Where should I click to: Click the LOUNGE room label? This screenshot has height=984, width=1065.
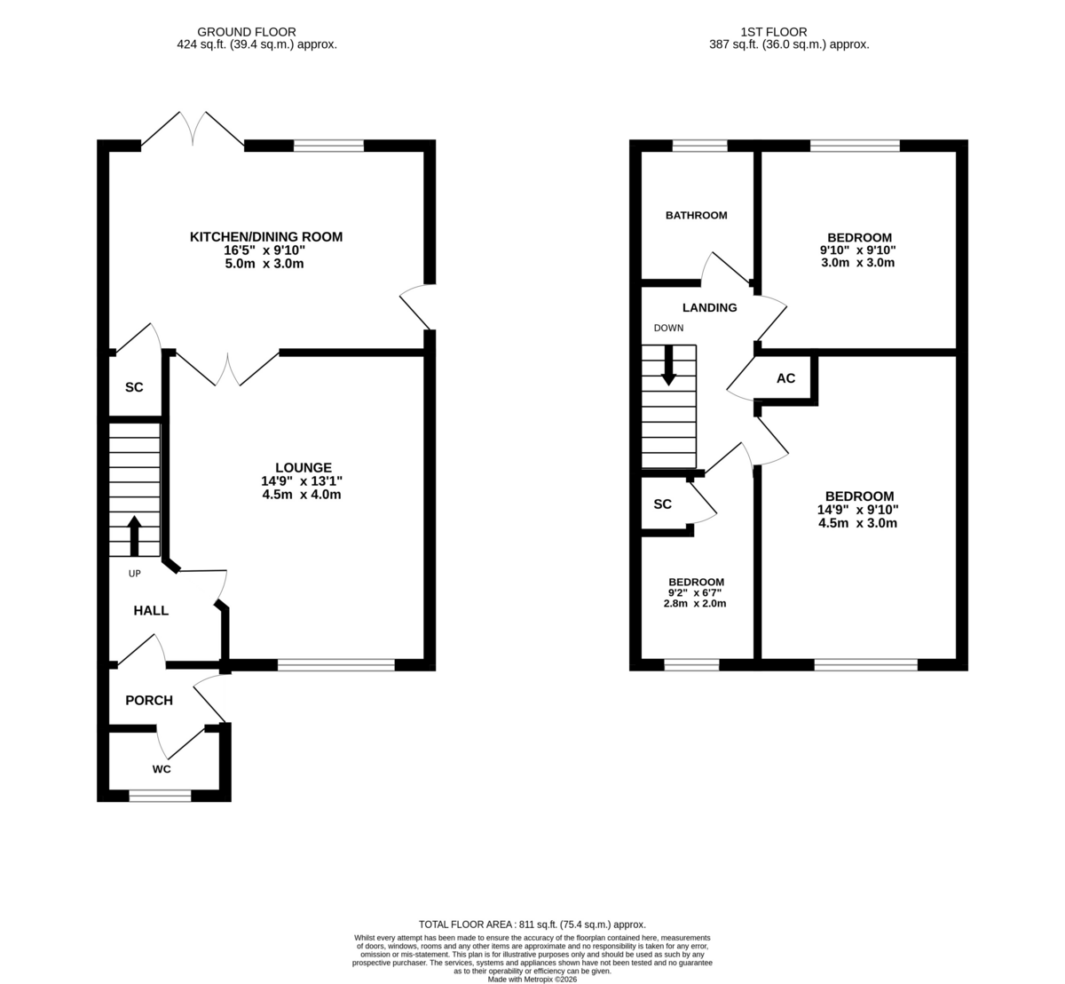click(x=304, y=467)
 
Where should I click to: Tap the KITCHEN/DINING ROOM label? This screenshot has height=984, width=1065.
click(x=266, y=237)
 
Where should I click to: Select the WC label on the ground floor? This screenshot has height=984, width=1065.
click(x=162, y=769)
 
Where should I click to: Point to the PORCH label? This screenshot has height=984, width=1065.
click(x=149, y=701)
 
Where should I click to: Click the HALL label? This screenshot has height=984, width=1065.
click(x=151, y=610)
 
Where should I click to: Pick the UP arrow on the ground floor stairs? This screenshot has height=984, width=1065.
click(x=134, y=536)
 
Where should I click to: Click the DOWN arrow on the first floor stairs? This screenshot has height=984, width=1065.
click(x=668, y=365)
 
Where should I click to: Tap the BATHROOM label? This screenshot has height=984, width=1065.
click(x=696, y=215)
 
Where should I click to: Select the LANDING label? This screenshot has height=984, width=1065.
click(x=709, y=307)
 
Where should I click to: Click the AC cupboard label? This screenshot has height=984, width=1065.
click(x=785, y=378)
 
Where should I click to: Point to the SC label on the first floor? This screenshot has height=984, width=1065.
click(x=662, y=504)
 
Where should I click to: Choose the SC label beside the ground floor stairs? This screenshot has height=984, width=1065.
click(x=134, y=387)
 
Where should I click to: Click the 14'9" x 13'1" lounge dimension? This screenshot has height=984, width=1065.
click(x=302, y=481)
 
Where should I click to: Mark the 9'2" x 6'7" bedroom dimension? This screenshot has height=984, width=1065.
click(x=695, y=592)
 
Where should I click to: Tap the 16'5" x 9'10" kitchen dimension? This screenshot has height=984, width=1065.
click(x=264, y=250)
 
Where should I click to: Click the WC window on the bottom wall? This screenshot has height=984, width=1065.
click(x=161, y=796)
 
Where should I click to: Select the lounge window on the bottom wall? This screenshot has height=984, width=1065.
click(x=336, y=665)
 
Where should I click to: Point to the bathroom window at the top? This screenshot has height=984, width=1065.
click(x=700, y=146)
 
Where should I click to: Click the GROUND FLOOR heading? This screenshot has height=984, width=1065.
click(x=247, y=32)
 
